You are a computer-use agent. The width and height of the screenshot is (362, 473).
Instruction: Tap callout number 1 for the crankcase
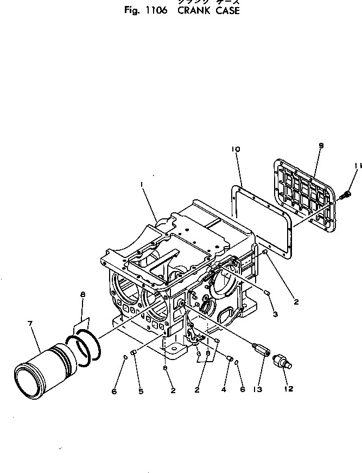pos(142,185)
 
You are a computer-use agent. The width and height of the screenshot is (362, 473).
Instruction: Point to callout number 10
pos(236,149)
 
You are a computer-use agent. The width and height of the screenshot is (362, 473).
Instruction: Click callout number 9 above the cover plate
pos(321,146)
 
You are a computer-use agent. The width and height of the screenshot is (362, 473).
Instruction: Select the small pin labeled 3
pos(267,293)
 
